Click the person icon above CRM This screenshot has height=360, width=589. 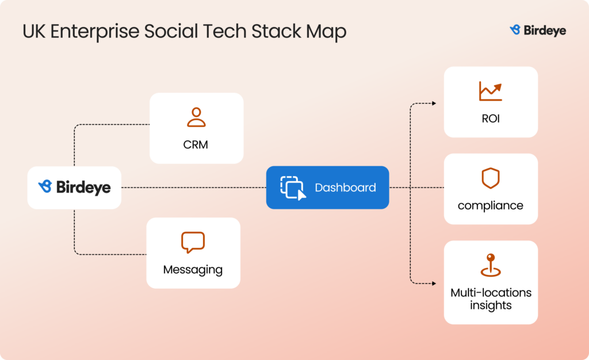[x=196, y=117]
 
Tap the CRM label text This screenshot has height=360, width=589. [x=196, y=144]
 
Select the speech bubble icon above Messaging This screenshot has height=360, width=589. [x=193, y=242]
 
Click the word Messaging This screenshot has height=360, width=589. [x=193, y=269]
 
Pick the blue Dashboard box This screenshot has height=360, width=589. [x=327, y=187]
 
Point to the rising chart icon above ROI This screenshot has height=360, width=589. [x=490, y=91]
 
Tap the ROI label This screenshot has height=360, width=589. [x=491, y=119]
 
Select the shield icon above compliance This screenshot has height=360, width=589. [x=491, y=178]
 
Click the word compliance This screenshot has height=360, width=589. [x=491, y=205]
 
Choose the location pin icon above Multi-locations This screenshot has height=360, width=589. [x=491, y=265]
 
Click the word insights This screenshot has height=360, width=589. [x=491, y=305]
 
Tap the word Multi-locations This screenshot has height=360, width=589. [x=491, y=292]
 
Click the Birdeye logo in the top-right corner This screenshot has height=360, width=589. [x=538, y=30]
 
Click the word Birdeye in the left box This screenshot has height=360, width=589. [x=83, y=187]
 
